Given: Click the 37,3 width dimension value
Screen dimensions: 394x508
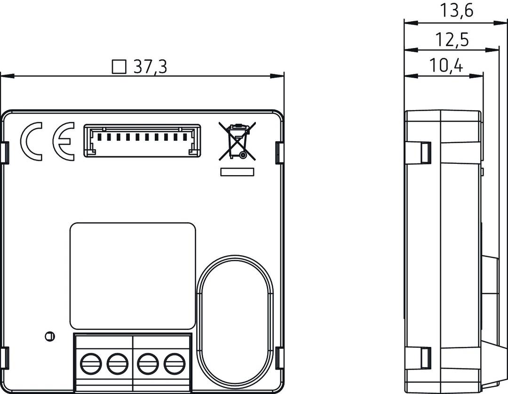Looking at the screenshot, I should (150, 67).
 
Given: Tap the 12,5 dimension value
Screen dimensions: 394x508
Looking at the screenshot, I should (451, 40).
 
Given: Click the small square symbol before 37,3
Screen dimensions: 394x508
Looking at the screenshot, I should (119, 67).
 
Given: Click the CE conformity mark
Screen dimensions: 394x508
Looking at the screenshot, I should (48, 142).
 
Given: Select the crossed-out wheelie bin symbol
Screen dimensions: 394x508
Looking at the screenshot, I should (237, 140).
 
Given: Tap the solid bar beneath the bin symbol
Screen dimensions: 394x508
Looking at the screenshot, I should (238, 172).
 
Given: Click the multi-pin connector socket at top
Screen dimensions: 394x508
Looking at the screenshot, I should (142, 140).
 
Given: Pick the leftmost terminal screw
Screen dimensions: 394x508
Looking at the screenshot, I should (91, 363).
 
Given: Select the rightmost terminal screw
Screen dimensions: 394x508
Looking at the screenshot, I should (174, 363).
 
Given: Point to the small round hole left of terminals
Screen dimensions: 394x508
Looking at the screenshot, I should (49, 336).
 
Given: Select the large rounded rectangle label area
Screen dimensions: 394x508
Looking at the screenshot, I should (133, 276).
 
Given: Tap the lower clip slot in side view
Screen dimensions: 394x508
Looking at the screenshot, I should (425, 358).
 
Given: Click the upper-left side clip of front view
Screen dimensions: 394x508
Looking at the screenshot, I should (5, 153).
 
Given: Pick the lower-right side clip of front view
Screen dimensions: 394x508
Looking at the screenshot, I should (279, 358).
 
